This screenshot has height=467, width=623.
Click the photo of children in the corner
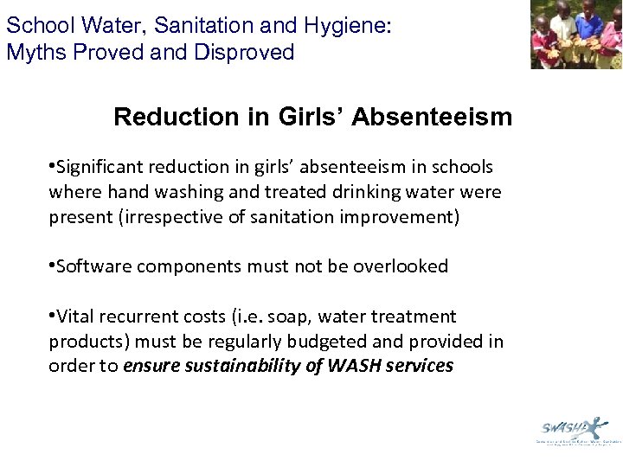[576, 35]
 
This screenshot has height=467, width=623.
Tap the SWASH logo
[572, 427]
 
